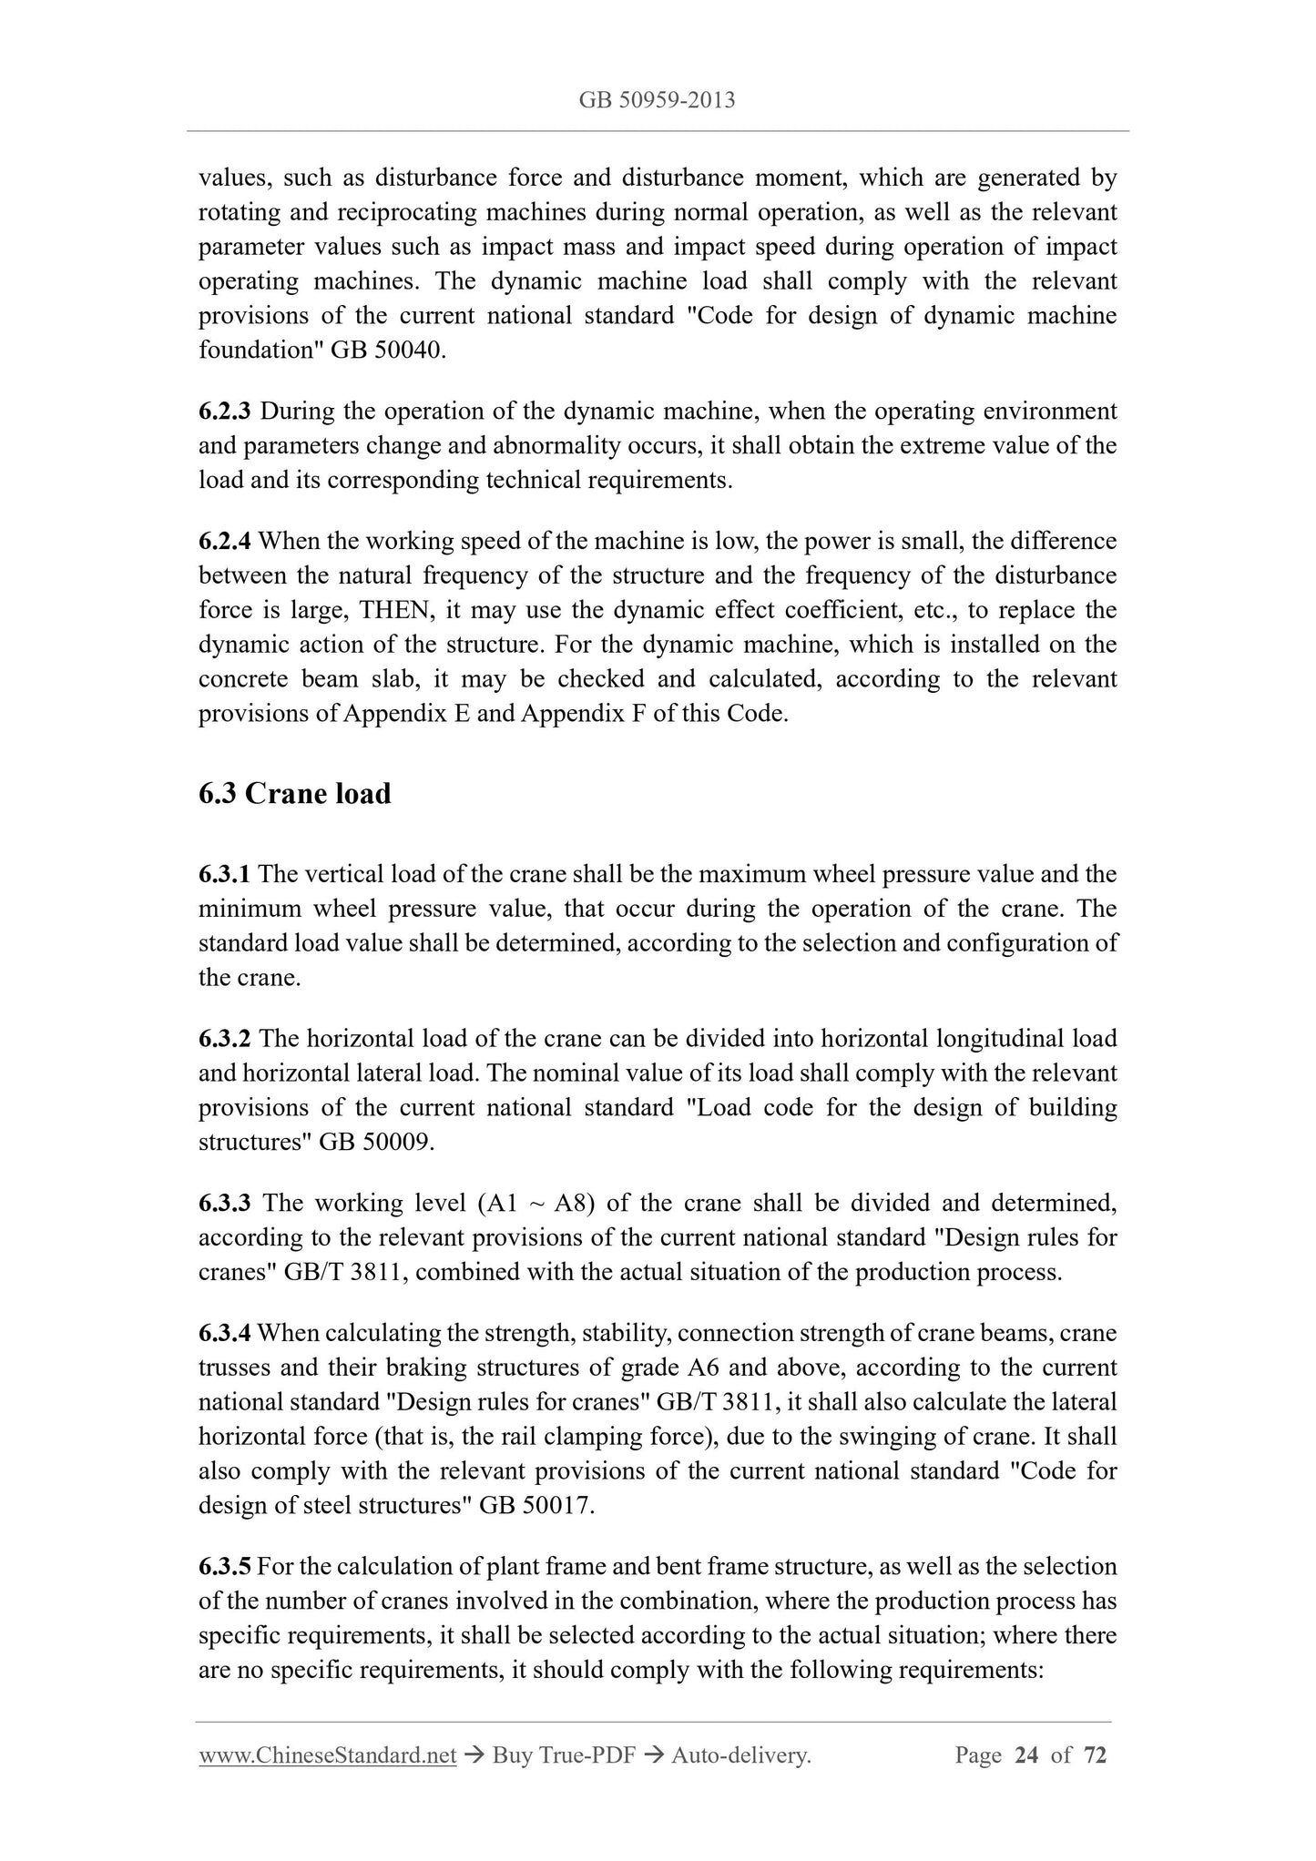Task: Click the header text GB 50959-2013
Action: [x=657, y=101]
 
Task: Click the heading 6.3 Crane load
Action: [x=294, y=793]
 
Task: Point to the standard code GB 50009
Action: [x=375, y=1143]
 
